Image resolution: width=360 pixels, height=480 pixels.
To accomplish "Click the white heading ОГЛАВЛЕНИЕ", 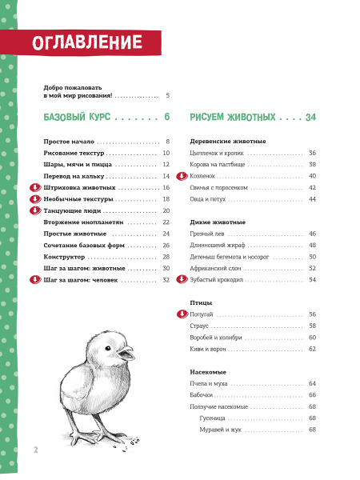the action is (x=88, y=42).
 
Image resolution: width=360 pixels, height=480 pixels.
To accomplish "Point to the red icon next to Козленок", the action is (x=181, y=175).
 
